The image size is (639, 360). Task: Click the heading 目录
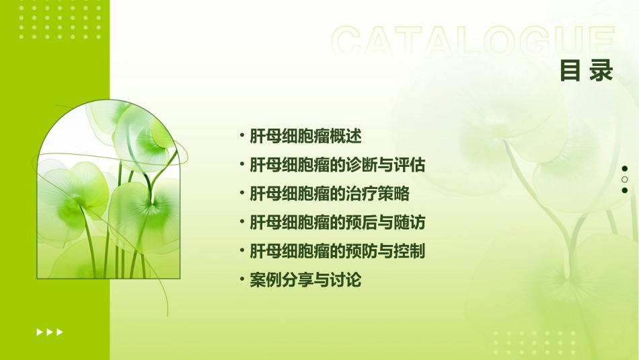click(587, 71)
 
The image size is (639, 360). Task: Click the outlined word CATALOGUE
click(473, 42)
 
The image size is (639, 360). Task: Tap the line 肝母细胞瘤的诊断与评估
click(337, 165)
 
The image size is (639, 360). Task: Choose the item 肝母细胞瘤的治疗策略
click(329, 194)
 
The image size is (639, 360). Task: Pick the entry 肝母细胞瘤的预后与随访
click(337, 223)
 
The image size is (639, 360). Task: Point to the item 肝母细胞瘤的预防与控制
click(337, 252)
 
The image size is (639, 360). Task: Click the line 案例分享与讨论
click(305, 281)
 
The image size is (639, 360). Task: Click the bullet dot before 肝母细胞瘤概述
click(242, 136)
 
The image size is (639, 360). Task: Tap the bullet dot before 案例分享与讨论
click(242, 281)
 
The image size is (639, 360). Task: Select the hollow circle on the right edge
click(625, 180)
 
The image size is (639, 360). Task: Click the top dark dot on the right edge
click(625, 169)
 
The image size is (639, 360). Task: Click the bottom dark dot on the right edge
click(625, 190)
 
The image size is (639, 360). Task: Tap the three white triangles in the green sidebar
click(49, 332)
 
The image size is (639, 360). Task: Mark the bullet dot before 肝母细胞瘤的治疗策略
click(242, 194)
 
